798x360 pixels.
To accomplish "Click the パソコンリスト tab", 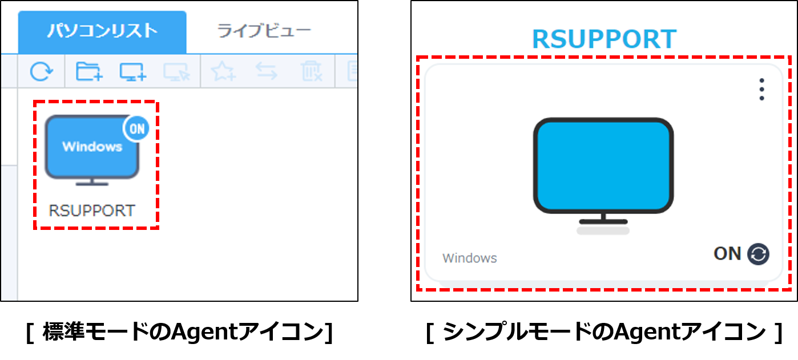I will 102,31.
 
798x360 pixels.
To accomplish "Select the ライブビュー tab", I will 264,31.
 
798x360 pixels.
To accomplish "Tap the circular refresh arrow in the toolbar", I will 41,71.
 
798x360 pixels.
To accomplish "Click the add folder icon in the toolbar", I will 89,71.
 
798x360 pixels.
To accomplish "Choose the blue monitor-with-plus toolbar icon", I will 132,71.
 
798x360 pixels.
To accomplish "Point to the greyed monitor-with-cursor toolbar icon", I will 176,71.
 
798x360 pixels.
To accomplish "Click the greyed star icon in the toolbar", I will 223,71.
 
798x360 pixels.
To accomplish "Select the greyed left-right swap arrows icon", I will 266,71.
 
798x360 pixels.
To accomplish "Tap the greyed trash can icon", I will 311,71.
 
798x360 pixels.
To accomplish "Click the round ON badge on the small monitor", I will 137,129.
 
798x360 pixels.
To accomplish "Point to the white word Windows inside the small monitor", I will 92,147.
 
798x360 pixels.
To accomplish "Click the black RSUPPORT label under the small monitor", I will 92,211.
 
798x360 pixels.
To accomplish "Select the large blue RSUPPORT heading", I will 604,39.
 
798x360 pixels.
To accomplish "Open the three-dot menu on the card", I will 761,90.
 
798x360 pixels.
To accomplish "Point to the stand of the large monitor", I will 603,220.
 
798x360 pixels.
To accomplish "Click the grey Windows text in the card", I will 469,258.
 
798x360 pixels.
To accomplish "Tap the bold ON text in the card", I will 727,253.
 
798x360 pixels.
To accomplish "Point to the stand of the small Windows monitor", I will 92,182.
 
